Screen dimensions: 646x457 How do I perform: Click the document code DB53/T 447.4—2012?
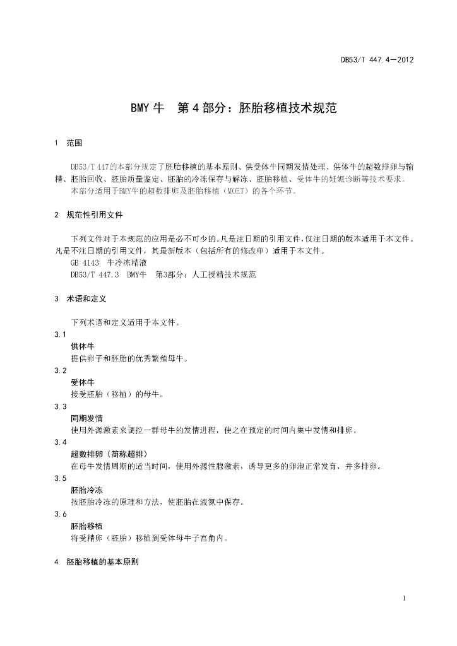[x=377, y=61]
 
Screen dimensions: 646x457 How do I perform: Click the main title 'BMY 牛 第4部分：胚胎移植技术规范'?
[x=234, y=108]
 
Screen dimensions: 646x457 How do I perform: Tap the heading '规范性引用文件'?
[x=95, y=214]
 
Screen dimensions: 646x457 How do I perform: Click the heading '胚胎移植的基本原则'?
[x=102, y=561]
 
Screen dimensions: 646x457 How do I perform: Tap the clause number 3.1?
[x=61, y=334]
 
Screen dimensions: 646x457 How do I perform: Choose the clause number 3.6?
[x=61, y=515]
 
